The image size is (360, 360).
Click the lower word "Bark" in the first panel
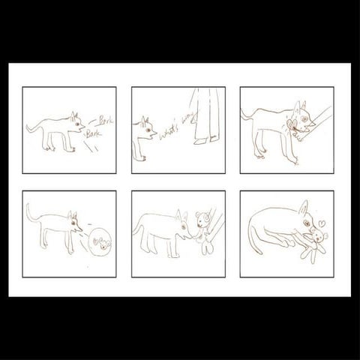click(x=93, y=133)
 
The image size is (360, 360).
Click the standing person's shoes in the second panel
click(x=204, y=139)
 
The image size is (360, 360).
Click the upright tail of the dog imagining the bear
click(x=30, y=214)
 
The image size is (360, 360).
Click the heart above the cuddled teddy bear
click(x=319, y=223)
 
